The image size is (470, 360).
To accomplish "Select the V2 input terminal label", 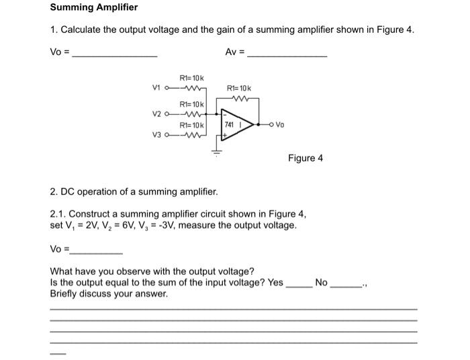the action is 157,114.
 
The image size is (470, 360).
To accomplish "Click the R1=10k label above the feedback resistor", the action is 240,89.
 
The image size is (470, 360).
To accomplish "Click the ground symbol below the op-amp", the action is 216,152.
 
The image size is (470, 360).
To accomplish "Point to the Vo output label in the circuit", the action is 280,125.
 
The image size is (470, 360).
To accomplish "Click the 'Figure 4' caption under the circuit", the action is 305,159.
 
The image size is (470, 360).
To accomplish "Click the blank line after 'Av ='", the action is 287,54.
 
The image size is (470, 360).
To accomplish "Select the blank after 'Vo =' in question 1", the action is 114,54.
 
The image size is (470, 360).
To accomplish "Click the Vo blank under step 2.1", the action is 97,251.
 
